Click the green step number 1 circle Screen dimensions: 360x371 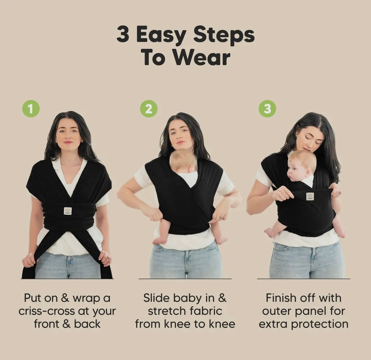click(31, 108)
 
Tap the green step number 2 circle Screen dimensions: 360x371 click(149, 109)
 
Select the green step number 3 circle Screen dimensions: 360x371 click(267, 108)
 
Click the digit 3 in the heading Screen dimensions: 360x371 click(123, 35)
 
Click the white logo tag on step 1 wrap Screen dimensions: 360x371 click(68, 211)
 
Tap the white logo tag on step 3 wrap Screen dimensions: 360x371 click(310, 196)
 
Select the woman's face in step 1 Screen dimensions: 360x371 click(69, 135)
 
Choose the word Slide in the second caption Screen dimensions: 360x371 click(157, 298)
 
